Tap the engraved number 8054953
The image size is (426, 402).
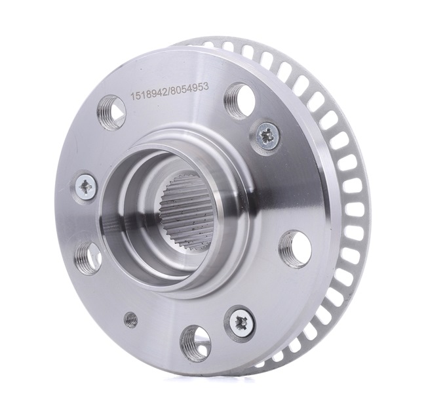tap(189, 89)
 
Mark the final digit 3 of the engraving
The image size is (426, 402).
tap(206, 87)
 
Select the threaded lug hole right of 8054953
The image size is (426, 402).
tap(240, 98)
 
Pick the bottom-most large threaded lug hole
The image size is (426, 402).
tap(196, 339)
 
